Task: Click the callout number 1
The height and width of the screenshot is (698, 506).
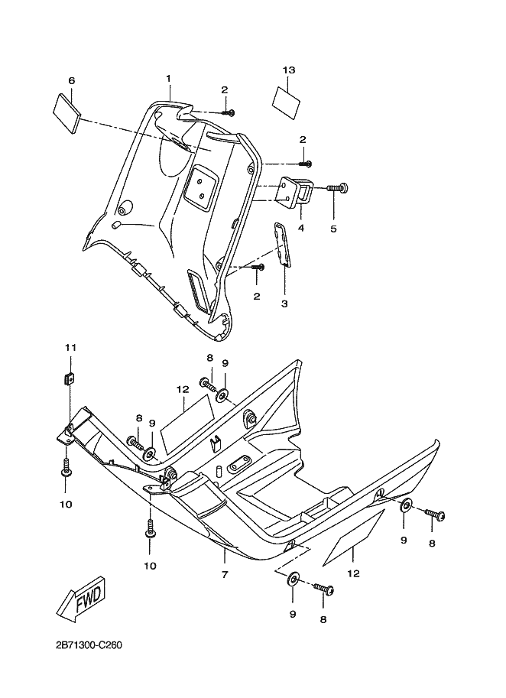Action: [168, 79]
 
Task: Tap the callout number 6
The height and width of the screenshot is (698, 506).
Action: [71, 80]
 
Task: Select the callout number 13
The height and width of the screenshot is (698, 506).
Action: [288, 70]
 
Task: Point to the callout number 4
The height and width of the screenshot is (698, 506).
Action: [301, 228]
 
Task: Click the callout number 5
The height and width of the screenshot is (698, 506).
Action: [332, 228]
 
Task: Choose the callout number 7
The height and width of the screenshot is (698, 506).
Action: [225, 573]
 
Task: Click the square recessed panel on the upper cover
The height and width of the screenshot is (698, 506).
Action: [201, 186]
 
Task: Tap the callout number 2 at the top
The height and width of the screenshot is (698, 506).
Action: [225, 89]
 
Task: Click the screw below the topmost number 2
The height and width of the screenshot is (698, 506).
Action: [229, 113]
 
